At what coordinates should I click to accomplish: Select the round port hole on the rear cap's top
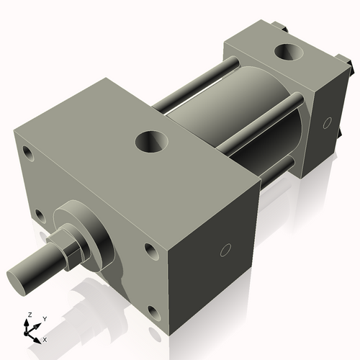[289, 53]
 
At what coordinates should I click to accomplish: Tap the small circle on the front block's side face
[225, 251]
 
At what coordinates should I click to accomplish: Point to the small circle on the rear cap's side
[328, 121]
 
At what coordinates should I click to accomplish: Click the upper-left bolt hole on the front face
[28, 153]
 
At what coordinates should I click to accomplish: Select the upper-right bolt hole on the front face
[150, 250]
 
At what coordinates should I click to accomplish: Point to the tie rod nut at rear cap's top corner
[281, 29]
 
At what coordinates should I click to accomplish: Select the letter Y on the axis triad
[45, 318]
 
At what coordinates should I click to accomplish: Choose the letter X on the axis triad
[45, 338]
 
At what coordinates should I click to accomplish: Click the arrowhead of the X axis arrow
[39, 337]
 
